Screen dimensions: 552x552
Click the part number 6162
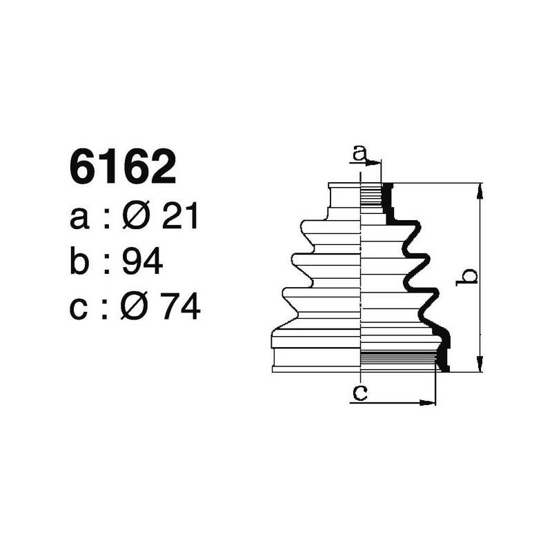tap(123, 168)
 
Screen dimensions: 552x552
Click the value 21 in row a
tap(180, 219)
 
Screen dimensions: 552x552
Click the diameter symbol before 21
tap(137, 219)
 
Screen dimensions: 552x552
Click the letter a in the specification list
tap(80, 220)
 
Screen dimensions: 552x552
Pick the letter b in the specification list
tap(81, 263)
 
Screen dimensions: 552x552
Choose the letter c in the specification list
tap(79, 308)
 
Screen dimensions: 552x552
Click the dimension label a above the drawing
tap(359, 153)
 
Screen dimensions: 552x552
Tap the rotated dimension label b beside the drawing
tap(469, 277)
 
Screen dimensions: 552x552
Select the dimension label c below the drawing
tap(359, 393)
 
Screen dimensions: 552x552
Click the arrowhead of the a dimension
tap(377, 164)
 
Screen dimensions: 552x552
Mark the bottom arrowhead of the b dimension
tap(480, 368)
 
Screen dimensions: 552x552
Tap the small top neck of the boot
tap(345, 196)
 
